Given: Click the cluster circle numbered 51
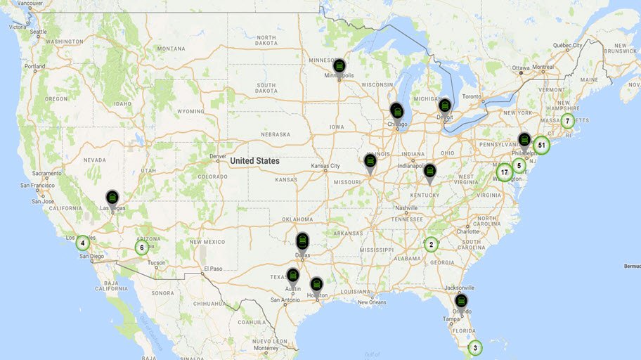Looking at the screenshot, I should click(540, 146).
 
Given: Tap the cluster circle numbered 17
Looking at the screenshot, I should click(504, 172).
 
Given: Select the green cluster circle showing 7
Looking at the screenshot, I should click(567, 121).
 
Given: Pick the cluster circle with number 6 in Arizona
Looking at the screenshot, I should click(141, 247).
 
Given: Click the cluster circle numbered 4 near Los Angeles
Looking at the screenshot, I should click(83, 243).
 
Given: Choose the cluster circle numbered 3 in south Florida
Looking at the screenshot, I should click(475, 347).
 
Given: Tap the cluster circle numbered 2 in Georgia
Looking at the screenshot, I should click(431, 245).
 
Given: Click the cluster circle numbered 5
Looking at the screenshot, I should click(519, 166).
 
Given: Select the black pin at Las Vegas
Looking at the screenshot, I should click(112, 199).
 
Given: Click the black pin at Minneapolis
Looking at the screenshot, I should click(339, 67).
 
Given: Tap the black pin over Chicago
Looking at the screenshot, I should click(397, 111).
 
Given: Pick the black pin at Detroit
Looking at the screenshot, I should click(445, 106).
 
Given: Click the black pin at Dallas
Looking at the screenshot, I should click(302, 241).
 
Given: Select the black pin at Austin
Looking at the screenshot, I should click(293, 277).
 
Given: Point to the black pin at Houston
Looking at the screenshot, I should click(316, 284).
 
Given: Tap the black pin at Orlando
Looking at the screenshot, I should click(461, 302).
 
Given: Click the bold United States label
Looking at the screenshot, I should click(254, 161).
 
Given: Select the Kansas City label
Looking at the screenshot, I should click(325, 167).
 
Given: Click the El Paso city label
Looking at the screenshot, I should click(213, 269).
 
